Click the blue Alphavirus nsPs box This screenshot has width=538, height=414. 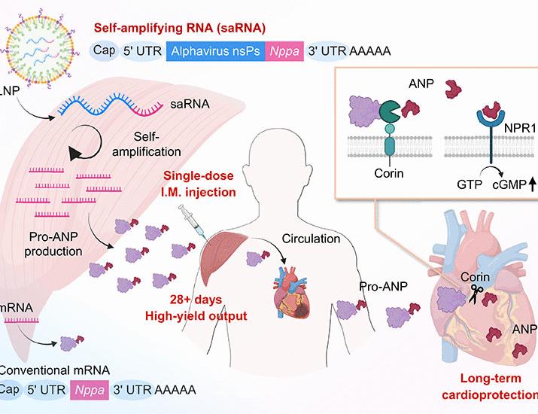(x=217, y=51)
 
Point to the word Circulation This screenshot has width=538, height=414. (x=312, y=239)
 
